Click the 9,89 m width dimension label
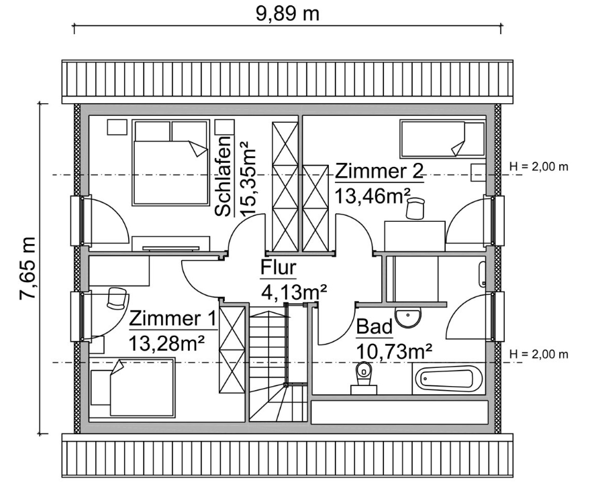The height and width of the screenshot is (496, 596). [288, 13]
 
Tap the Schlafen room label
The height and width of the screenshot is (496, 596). [224, 176]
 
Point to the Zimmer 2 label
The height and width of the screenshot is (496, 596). [379, 171]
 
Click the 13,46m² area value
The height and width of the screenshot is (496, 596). [372, 195]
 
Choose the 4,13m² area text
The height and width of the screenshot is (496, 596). [293, 292]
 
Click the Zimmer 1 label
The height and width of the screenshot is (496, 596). [173, 318]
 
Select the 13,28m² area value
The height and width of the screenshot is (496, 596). [167, 343]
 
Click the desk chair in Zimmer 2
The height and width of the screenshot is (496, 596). [415, 207]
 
